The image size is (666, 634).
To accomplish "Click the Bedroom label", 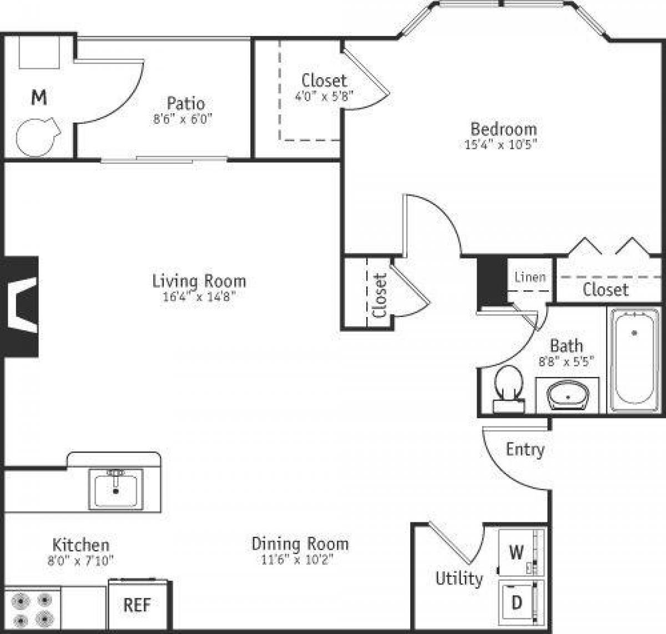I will [x=503, y=129].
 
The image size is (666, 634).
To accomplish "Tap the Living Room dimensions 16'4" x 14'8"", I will [x=199, y=296].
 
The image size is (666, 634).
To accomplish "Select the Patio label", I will [x=185, y=103].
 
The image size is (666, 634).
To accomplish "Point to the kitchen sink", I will [x=115, y=488].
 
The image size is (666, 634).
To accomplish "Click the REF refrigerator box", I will [x=137, y=605].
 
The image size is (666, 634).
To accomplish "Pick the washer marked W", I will [x=517, y=552].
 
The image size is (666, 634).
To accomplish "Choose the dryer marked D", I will [x=517, y=602].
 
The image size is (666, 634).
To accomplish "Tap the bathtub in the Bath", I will [x=634, y=359].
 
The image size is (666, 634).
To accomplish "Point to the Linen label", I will [x=530, y=276].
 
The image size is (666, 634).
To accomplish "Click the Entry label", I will [x=525, y=449].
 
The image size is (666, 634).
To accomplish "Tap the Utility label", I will [x=459, y=578].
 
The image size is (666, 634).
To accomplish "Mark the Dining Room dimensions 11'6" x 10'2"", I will [x=300, y=560].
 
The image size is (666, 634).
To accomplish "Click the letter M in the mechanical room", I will [x=38, y=98].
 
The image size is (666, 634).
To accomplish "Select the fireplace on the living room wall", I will [x=21, y=306].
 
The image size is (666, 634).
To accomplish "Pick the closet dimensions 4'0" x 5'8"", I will [x=324, y=95].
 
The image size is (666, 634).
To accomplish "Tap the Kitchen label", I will [x=80, y=545].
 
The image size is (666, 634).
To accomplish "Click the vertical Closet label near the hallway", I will [x=380, y=295].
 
